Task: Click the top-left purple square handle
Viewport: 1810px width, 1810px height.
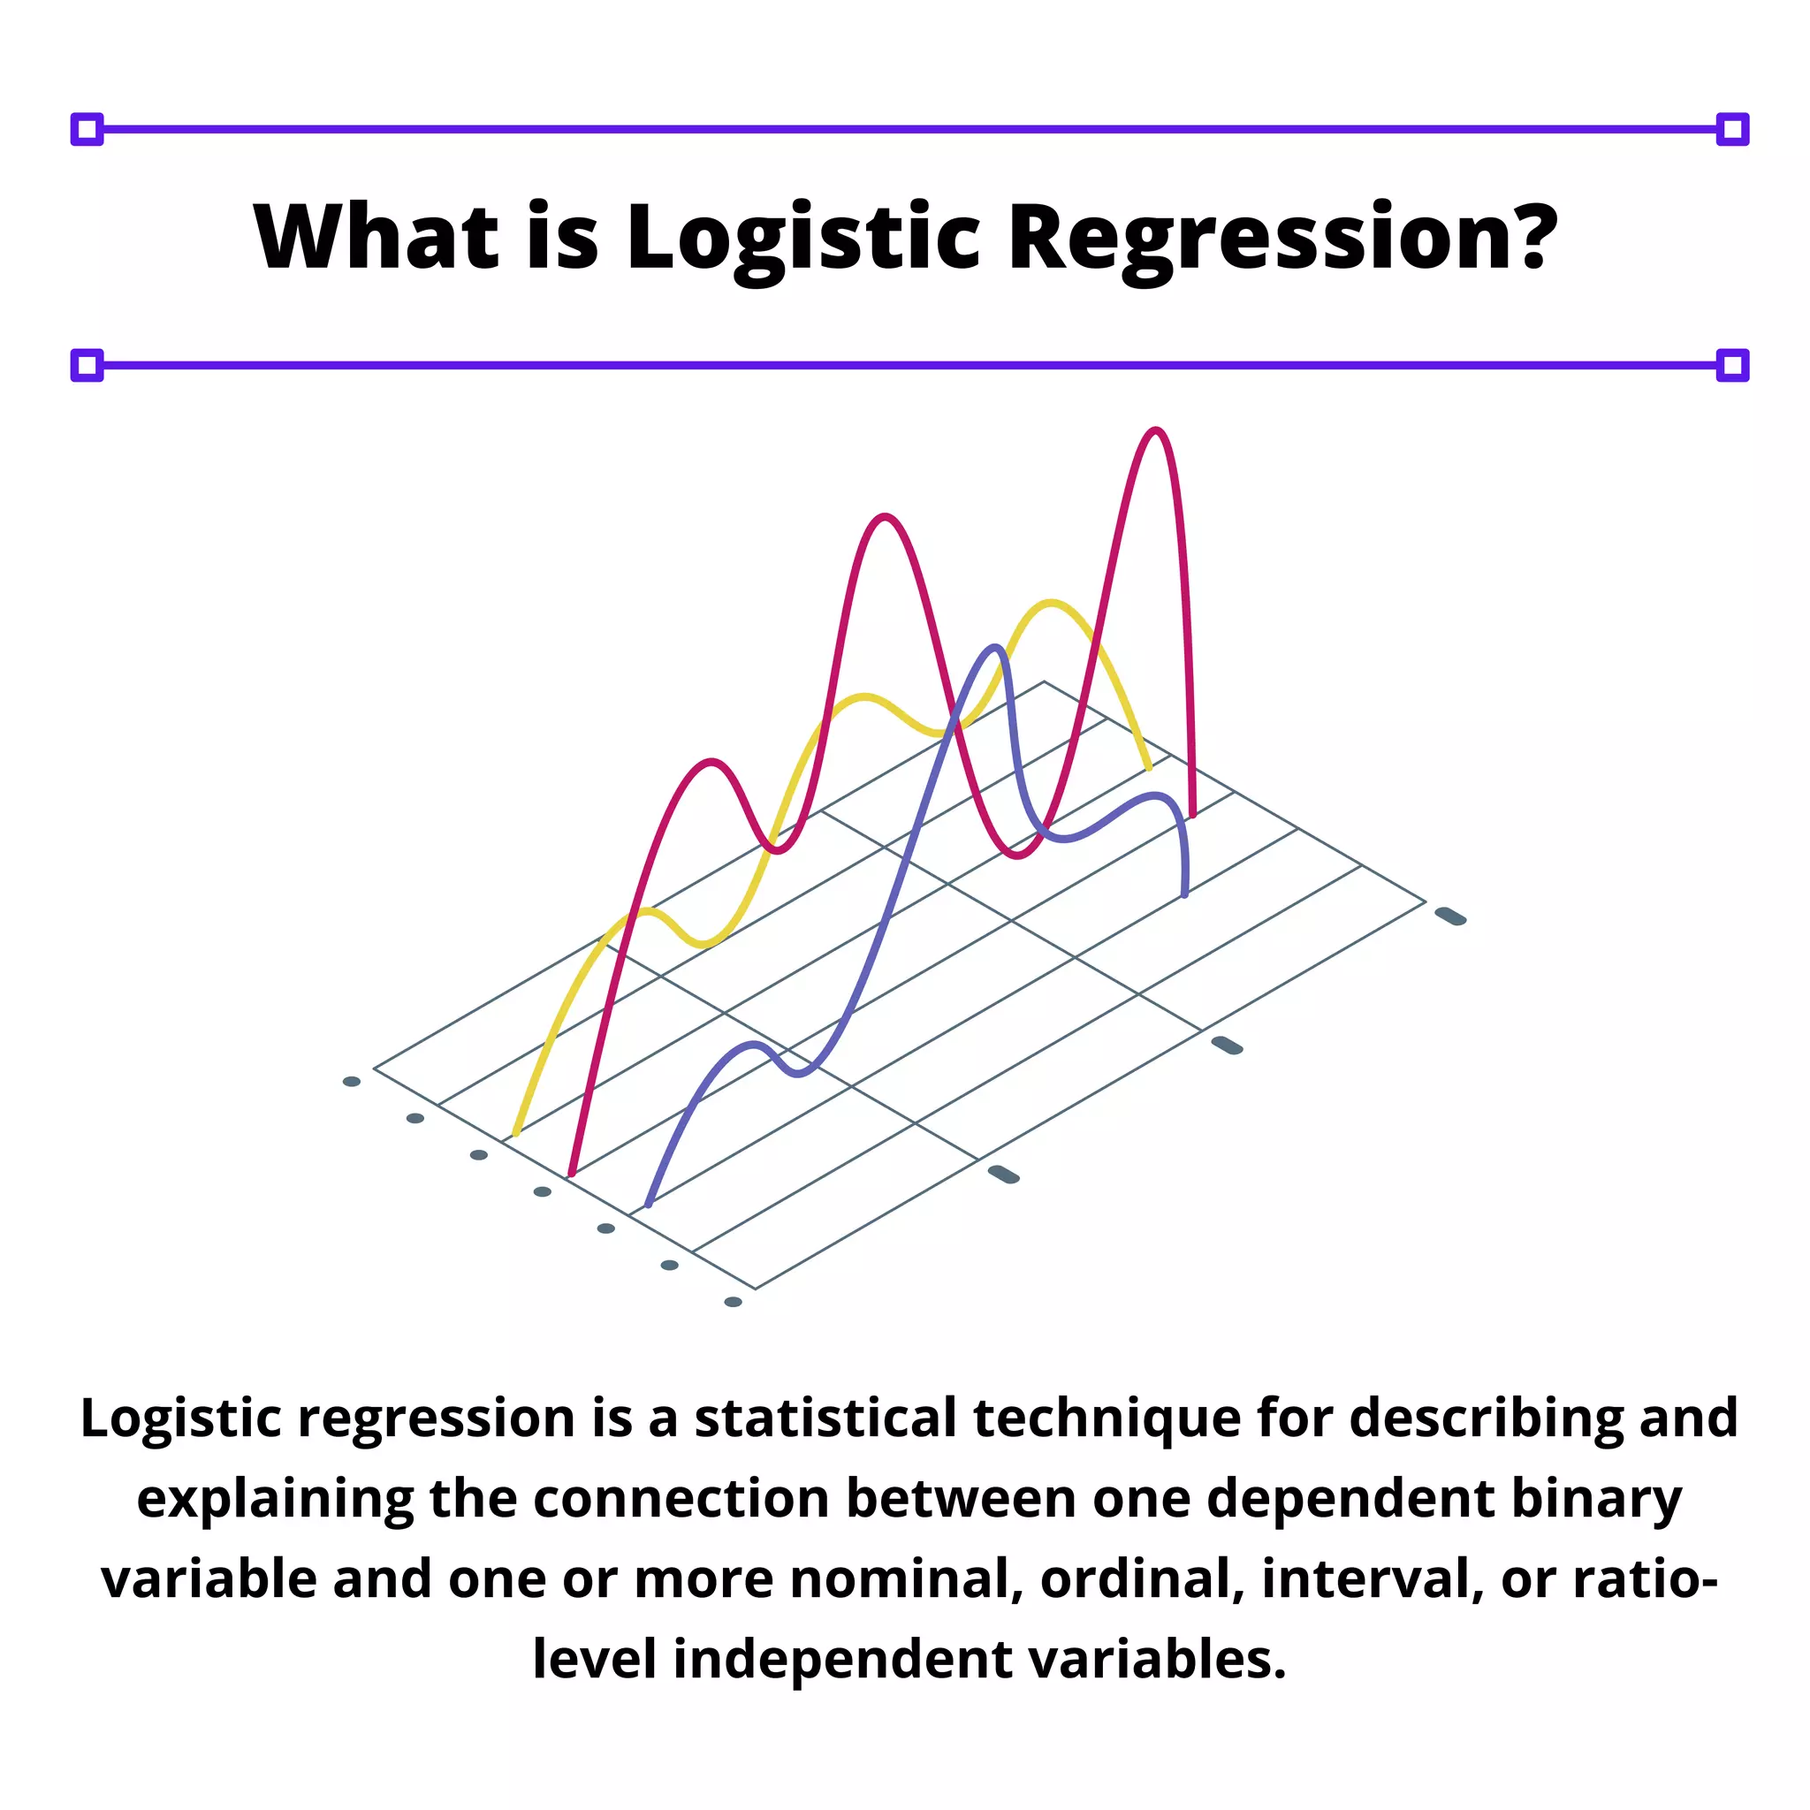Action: (x=87, y=129)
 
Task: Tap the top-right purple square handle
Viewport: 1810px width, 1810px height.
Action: (x=1732, y=129)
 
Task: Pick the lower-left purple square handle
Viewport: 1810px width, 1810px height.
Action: (x=87, y=365)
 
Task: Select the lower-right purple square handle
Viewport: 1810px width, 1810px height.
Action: (x=1732, y=365)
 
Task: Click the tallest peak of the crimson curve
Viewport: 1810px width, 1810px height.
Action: (x=1156, y=432)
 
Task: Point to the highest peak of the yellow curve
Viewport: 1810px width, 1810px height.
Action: (x=1051, y=604)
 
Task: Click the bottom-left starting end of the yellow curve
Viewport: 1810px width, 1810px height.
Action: (x=516, y=1133)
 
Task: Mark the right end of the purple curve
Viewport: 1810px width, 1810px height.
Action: (x=1185, y=894)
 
